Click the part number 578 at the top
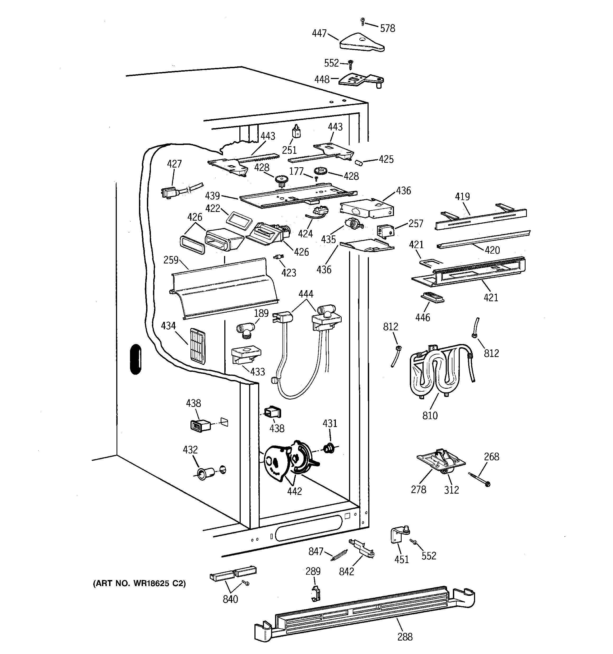click(387, 29)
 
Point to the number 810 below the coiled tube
click(430, 415)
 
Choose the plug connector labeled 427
click(169, 193)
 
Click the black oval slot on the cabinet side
click(136, 359)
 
